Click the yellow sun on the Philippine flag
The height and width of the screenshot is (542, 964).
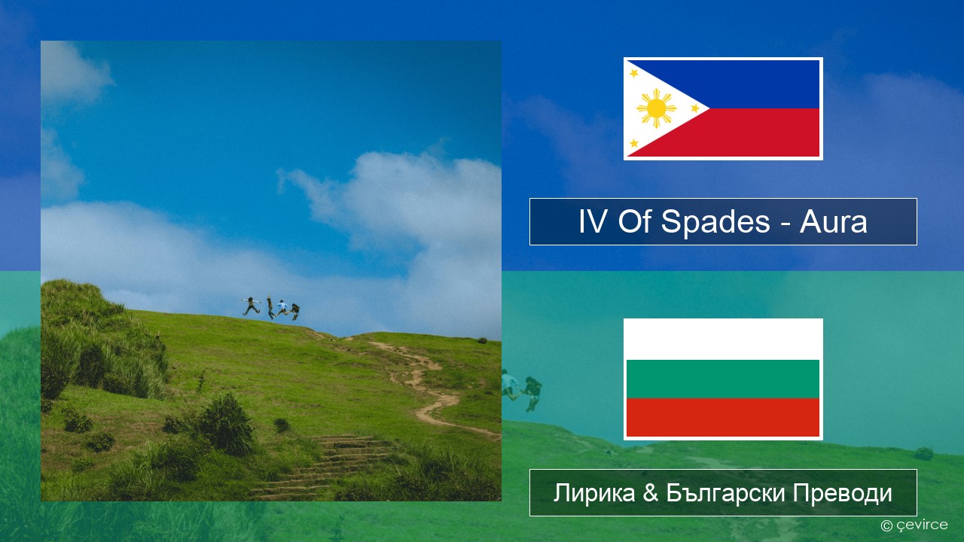click(656, 108)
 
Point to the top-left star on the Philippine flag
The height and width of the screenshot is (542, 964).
click(634, 73)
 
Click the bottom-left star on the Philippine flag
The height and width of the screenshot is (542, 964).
click(634, 143)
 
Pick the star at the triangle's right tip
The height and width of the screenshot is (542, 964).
click(695, 108)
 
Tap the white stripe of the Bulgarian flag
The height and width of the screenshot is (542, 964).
click(723, 340)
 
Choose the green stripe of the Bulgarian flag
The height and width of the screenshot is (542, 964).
click(723, 379)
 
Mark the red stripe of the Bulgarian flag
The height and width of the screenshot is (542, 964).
click(723, 417)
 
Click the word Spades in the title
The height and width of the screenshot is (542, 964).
click(715, 221)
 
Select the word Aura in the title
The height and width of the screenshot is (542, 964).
click(833, 222)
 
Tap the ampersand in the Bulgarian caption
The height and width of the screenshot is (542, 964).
click(650, 493)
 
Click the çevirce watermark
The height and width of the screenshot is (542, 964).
click(914, 525)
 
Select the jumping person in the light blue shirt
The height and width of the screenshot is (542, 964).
click(282, 308)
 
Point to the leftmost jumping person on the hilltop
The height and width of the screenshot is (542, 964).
click(251, 306)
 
